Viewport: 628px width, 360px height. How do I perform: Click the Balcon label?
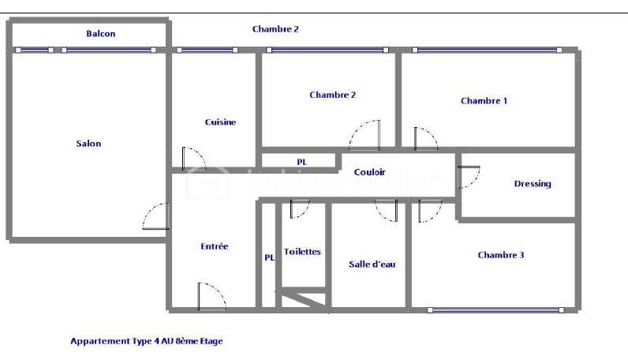101,34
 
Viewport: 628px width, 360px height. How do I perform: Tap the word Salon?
88,144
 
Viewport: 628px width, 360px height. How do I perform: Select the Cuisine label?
220,122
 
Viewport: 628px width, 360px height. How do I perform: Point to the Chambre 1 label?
484,101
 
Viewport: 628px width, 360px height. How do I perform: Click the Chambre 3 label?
501,255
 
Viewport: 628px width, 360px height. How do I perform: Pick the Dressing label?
533,184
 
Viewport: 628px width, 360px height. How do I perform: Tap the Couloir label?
369,172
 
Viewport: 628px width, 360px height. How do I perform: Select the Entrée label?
214,246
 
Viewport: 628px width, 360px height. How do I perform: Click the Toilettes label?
302,252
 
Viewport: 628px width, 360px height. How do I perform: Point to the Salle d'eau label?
372,264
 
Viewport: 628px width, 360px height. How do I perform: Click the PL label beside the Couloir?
301,162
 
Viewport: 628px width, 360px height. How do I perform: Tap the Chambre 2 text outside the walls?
275,29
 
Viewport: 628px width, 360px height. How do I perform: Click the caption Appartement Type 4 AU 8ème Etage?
147,342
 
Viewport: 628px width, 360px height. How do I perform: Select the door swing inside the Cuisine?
193,158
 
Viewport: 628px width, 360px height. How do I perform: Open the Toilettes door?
300,210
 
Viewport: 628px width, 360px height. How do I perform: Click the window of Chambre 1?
487,50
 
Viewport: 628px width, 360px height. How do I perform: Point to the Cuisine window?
207,50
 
